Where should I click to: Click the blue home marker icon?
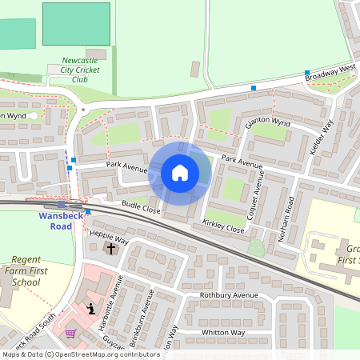(x=180, y=172)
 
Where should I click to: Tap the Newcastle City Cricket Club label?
(x=80, y=70)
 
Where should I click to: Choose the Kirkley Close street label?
(x=223, y=226)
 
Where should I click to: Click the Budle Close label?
(x=142, y=207)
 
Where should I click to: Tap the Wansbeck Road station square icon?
(x=61, y=206)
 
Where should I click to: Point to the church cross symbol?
(x=111, y=249)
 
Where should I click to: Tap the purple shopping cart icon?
(x=70, y=334)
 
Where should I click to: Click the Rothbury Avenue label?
(x=229, y=294)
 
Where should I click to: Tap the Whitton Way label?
(x=222, y=332)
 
